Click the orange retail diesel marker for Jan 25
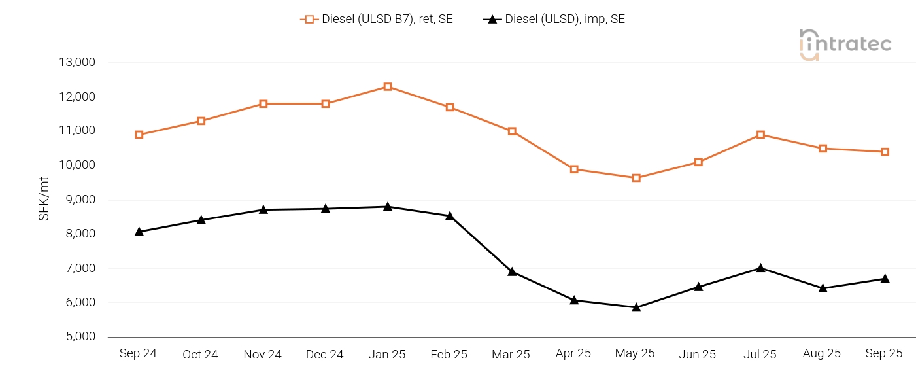(x=388, y=86)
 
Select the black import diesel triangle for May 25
(x=636, y=307)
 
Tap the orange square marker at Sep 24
(x=139, y=135)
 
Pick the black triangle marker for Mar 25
(x=512, y=271)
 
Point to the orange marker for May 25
(x=636, y=178)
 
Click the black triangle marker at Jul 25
(x=760, y=268)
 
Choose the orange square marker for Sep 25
(x=885, y=152)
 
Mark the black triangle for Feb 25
(x=450, y=216)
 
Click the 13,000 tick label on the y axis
(x=78, y=63)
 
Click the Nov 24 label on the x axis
(x=262, y=354)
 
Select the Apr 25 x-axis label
(x=573, y=353)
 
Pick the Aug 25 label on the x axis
(x=821, y=353)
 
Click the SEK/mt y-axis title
(x=44, y=198)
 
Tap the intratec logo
(x=845, y=44)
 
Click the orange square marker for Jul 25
(x=760, y=135)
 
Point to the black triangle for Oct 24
(x=201, y=220)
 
